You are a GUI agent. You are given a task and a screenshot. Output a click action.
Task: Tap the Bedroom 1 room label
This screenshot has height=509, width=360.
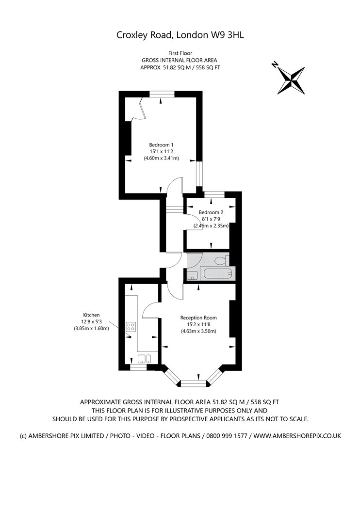tap(161, 144)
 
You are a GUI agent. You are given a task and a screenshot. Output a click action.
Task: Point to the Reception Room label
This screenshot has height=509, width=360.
tap(198, 318)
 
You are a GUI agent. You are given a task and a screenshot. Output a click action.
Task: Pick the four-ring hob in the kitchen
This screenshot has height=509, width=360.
tap(131, 327)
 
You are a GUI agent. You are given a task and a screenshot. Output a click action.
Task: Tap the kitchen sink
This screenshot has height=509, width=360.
tap(145, 359)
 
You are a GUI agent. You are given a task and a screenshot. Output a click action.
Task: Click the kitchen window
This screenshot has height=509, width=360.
tap(139, 368)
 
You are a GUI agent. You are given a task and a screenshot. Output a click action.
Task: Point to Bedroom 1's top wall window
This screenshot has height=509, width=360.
tap(162, 94)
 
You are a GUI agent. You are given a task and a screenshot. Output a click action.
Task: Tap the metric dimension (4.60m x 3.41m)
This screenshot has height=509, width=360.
tap(162, 158)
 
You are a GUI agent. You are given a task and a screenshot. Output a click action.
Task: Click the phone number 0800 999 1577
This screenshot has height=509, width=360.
tap(228, 436)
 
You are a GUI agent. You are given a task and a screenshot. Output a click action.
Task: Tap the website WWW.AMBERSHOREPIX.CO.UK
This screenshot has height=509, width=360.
tap(297, 436)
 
